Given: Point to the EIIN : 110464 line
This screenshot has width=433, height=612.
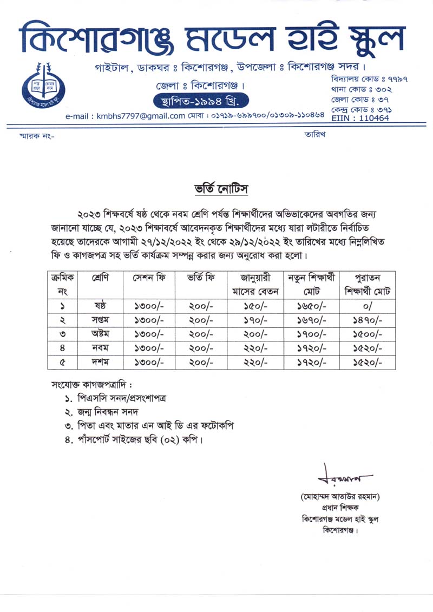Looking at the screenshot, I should pos(360,117).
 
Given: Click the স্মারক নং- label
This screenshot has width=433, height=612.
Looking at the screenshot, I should pos(37,136).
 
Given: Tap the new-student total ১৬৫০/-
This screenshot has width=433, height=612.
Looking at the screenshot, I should pos(311,306).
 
